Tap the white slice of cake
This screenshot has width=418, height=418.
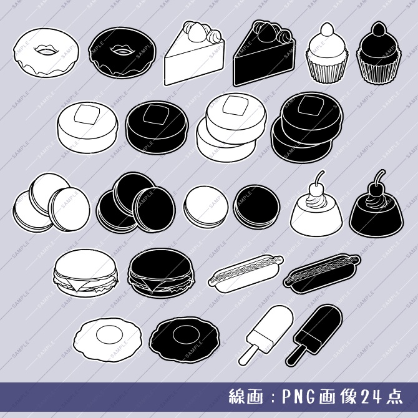pyautogui.click(x=193, y=62)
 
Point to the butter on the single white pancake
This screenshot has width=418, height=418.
pyautogui.click(x=84, y=115)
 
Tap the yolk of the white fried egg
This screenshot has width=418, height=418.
pyautogui.click(x=109, y=334)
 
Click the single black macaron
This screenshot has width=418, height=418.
pyautogui.click(x=256, y=207)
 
